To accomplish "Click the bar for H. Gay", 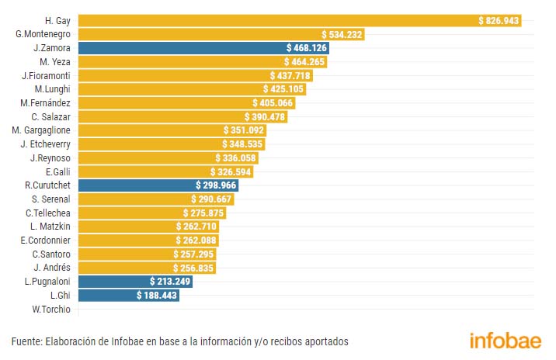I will coord(299,20).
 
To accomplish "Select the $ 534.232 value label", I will coord(342,34).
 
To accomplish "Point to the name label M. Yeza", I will coord(54,62).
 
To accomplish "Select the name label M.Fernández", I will coord(47,103).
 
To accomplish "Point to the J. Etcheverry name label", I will coord(46,144).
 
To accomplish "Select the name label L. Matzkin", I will coord(50,227).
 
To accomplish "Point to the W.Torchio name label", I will coord(51,310).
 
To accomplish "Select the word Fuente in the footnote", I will coord(26,341).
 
